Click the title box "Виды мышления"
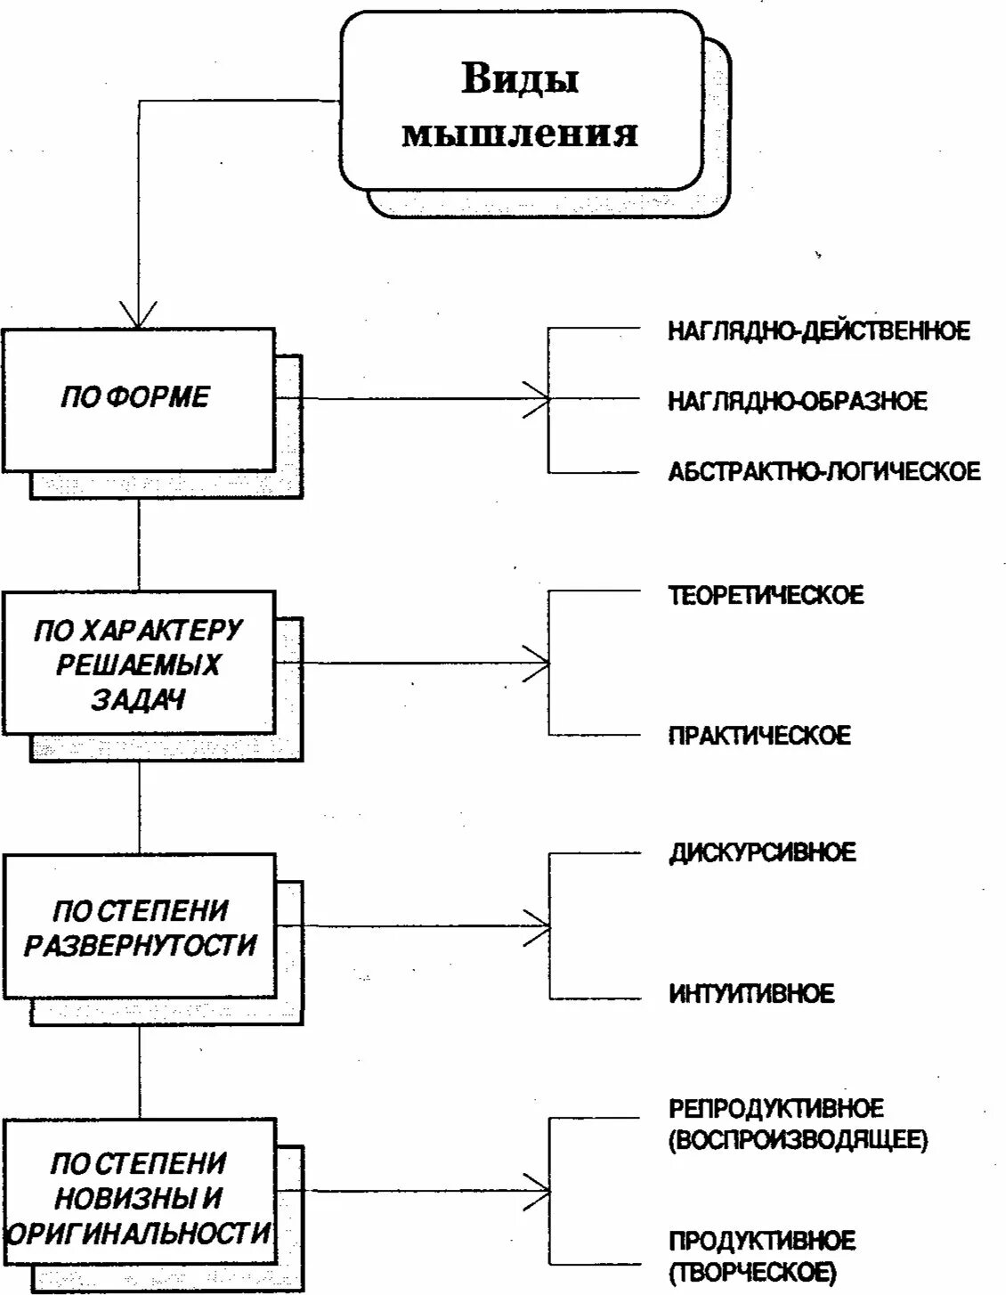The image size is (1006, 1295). (x=520, y=102)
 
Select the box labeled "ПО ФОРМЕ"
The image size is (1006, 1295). (x=138, y=398)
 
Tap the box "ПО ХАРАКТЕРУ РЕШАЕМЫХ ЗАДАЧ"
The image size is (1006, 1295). (x=138, y=664)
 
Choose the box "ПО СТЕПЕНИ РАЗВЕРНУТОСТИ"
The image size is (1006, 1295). (x=138, y=926)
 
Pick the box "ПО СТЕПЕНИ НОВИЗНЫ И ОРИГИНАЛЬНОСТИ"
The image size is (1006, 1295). (x=138, y=1193)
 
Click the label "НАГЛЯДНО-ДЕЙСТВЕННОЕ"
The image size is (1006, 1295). (x=819, y=331)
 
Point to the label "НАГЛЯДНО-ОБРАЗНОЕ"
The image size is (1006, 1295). (x=798, y=401)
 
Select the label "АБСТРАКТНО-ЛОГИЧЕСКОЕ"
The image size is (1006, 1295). (x=824, y=471)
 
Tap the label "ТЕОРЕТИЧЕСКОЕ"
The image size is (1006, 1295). (x=766, y=595)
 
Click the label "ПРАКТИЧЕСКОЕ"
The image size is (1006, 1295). (x=759, y=736)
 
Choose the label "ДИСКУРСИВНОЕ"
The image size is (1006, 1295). (x=762, y=852)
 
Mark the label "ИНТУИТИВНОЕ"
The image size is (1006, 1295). (x=751, y=993)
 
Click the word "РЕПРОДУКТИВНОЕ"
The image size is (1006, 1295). (x=776, y=1109)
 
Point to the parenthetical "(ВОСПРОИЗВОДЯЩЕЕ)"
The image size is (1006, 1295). (x=798, y=1140)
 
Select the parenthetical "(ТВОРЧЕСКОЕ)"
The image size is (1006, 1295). (x=752, y=1272)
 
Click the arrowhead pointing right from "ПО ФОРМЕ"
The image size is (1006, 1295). (x=538, y=398)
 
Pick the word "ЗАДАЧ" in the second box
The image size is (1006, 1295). (x=138, y=700)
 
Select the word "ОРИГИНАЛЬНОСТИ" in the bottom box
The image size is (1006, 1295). (x=138, y=1234)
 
